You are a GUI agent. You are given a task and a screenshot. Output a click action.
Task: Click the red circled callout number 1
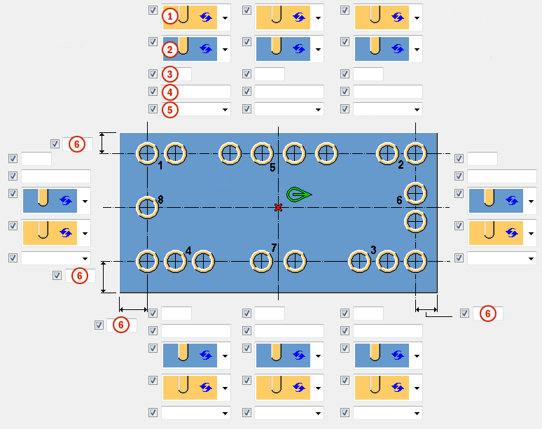point(169,15)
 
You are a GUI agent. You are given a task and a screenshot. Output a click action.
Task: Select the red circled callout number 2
point(169,50)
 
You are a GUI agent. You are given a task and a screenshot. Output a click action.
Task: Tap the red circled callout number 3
point(169,74)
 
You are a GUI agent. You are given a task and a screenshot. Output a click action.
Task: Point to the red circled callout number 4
point(169,92)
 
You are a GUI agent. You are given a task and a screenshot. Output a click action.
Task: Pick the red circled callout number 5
point(169,109)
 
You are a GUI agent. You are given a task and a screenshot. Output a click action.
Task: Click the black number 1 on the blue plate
point(160,166)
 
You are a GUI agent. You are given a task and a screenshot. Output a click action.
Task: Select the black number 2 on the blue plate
point(401,165)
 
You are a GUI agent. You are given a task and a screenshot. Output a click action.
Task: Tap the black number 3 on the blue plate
point(373,249)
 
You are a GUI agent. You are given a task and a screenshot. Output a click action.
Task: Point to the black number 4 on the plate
point(188,250)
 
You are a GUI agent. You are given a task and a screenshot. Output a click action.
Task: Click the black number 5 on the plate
point(273,167)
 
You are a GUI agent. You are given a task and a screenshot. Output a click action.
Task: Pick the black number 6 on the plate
point(399,200)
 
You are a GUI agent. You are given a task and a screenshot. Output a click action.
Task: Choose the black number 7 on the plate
point(274,248)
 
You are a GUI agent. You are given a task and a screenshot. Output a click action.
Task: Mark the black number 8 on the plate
point(160,199)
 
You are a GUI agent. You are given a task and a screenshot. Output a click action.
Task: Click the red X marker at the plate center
point(279,207)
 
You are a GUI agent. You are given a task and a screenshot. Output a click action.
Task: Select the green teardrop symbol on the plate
point(298,194)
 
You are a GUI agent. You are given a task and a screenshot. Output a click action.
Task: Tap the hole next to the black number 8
point(147,206)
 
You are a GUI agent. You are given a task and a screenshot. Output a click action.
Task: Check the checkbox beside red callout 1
point(153,10)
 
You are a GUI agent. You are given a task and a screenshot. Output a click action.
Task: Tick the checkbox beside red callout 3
point(153,73)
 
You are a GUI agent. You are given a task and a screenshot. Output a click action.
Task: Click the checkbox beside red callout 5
point(153,108)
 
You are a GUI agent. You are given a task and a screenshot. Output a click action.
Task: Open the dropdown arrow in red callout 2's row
point(225,50)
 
